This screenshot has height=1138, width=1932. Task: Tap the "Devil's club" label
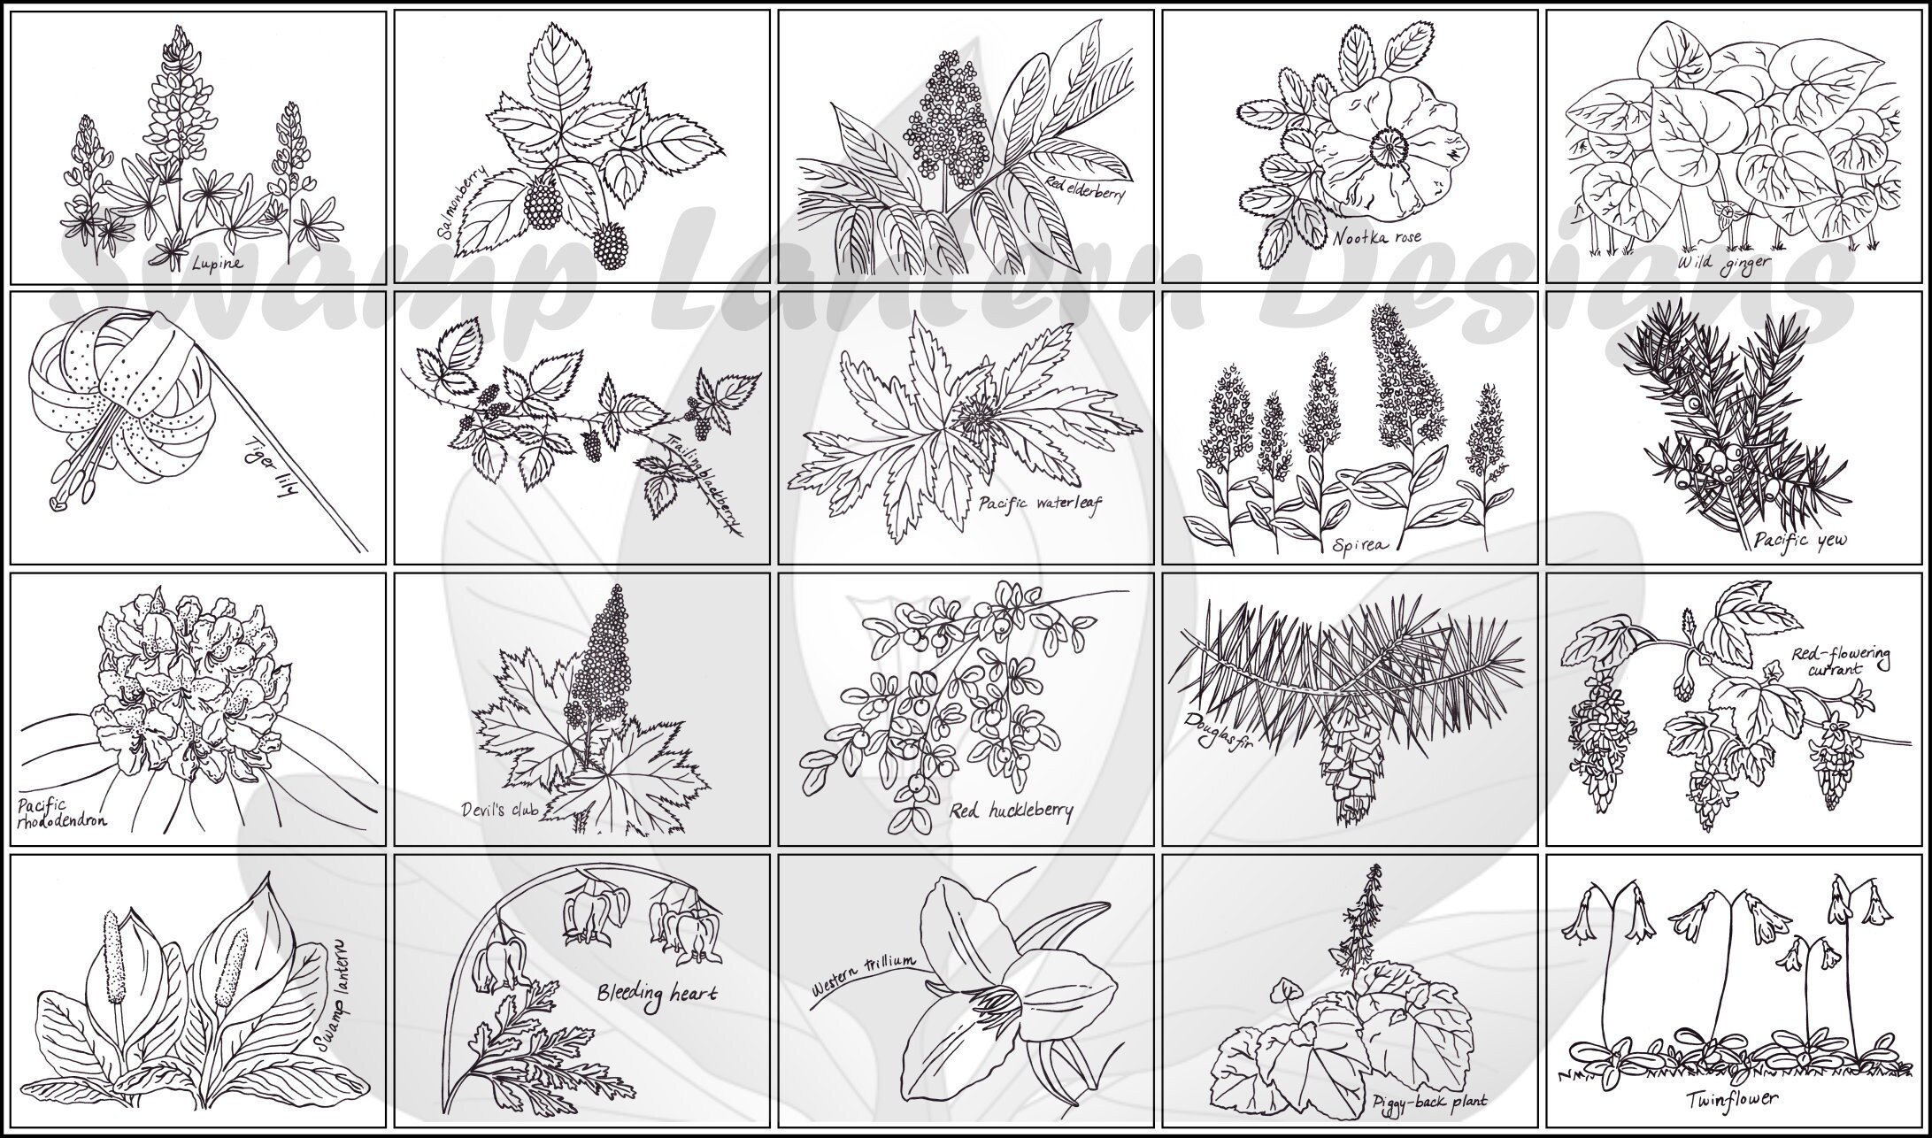point(499,809)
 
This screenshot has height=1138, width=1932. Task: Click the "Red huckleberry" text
point(1011,811)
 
